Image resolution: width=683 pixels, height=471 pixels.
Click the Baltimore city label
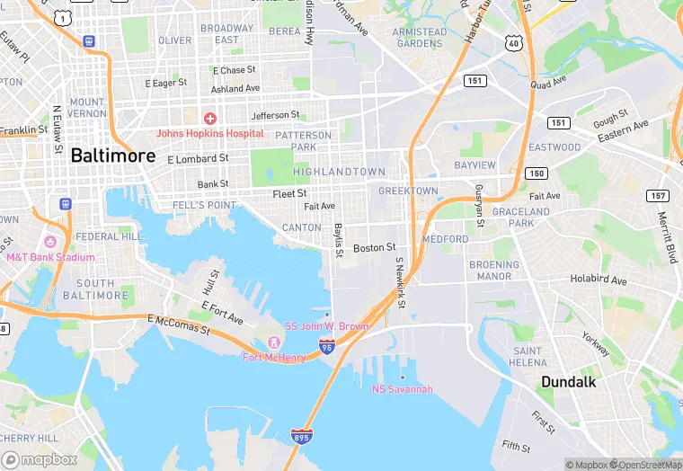click(x=112, y=155)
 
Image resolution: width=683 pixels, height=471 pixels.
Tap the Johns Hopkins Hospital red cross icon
click(x=209, y=119)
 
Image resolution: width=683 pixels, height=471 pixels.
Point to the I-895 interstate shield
click(x=302, y=437)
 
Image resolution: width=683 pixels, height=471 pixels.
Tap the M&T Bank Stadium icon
click(x=50, y=243)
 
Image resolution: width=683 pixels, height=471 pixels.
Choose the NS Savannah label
click(x=403, y=388)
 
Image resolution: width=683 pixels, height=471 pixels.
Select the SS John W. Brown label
click(x=326, y=325)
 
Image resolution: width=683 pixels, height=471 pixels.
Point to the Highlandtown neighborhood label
click(x=339, y=172)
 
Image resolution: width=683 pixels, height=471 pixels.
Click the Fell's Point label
click(x=204, y=205)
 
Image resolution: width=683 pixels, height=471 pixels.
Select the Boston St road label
click(x=374, y=247)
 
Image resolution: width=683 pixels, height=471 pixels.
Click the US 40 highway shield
click(x=513, y=42)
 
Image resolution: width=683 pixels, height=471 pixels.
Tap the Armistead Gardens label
click(x=420, y=38)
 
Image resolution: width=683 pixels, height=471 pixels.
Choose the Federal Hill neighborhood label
click(x=108, y=236)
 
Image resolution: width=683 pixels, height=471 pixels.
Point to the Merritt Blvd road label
click(x=670, y=236)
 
